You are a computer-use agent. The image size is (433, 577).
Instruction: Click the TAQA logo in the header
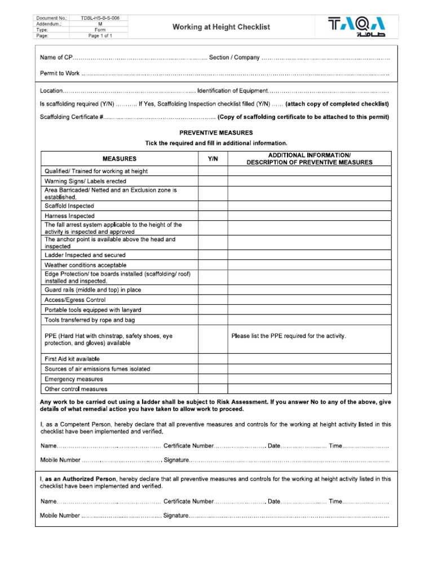[357, 27]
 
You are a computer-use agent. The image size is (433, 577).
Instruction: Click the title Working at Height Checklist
[221, 27]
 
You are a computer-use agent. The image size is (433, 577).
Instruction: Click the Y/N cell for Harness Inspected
[213, 216]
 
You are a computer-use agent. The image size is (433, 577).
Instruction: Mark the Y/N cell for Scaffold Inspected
[213, 206]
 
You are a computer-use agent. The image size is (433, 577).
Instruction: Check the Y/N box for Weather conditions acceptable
[213, 265]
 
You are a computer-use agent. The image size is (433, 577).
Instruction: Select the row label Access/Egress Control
[75, 300]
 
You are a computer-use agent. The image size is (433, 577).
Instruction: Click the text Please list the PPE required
[289, 336]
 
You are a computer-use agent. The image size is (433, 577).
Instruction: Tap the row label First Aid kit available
[72, 358]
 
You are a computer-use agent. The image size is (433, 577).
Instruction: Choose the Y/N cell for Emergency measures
[213, 379]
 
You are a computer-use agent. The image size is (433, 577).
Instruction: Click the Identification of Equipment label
[232, 91]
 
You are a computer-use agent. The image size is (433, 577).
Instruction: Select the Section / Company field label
[234, 58]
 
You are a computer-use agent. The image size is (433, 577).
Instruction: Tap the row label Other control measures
[76, 389]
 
